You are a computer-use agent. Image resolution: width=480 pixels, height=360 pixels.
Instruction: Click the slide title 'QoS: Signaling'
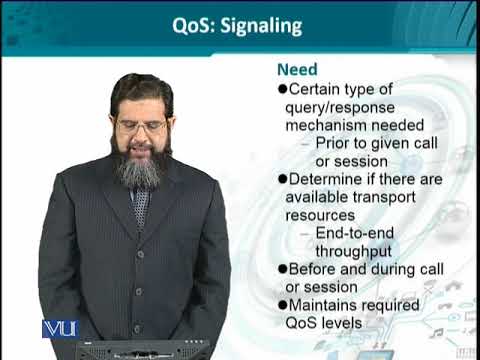click(x=240, y=27)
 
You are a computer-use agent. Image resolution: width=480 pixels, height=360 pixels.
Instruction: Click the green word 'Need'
click(x=296, y=70)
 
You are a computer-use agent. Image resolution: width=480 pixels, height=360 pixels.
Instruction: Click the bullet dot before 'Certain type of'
click(x=281, y=89)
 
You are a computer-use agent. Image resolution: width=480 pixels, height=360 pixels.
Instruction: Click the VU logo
click(x=60, y=328)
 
